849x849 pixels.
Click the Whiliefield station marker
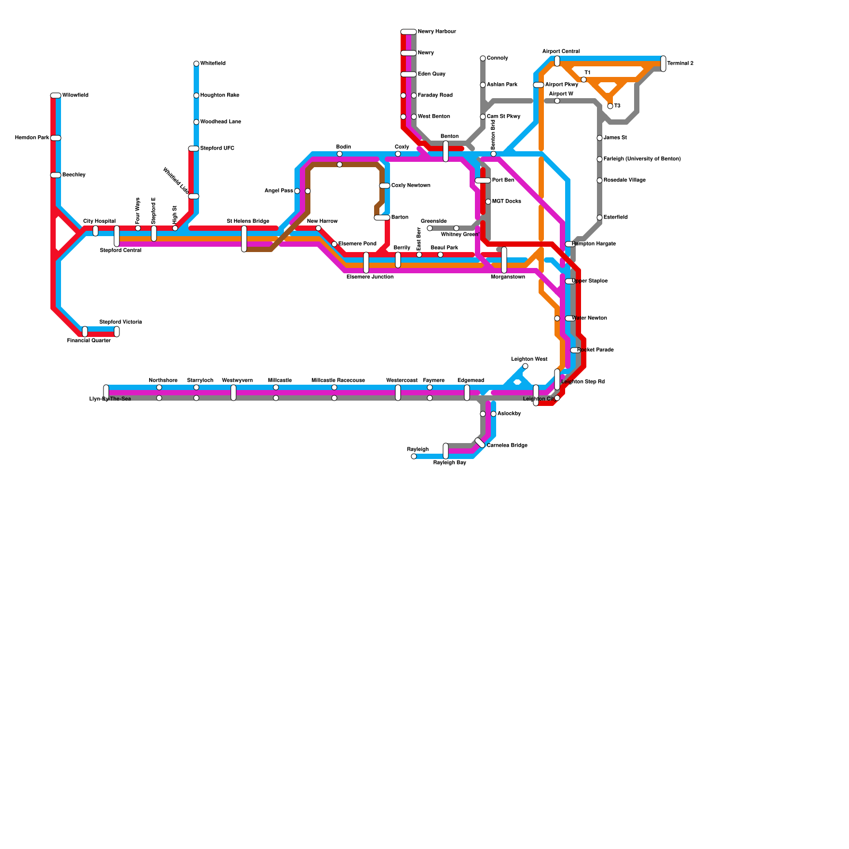tap(196, 64)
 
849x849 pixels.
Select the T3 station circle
tap(610, 106)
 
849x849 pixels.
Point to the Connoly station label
tap(497, 58)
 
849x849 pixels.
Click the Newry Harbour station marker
tap(409, 32)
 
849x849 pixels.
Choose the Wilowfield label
tap(75, 96)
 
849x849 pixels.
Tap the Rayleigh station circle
tap(414, 456)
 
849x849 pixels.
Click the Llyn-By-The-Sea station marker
tap(106, 393)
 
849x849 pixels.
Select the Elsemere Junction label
tap(370, 277)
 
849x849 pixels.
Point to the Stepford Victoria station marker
tap(117, 332)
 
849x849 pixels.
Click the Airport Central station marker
tap(557, 61)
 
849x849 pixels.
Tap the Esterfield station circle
tap(600, 218)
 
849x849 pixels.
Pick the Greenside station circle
tap(430, 228)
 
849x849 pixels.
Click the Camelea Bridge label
tap(507, 446)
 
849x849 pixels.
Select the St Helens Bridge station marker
tap(244, 239)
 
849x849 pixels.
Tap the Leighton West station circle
tap(525, 366)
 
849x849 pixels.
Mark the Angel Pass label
tap(279, 191)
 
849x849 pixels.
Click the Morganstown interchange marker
tap(504, 260)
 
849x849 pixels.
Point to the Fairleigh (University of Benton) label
tap(642, 159)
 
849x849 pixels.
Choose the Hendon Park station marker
tap(56, 138)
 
